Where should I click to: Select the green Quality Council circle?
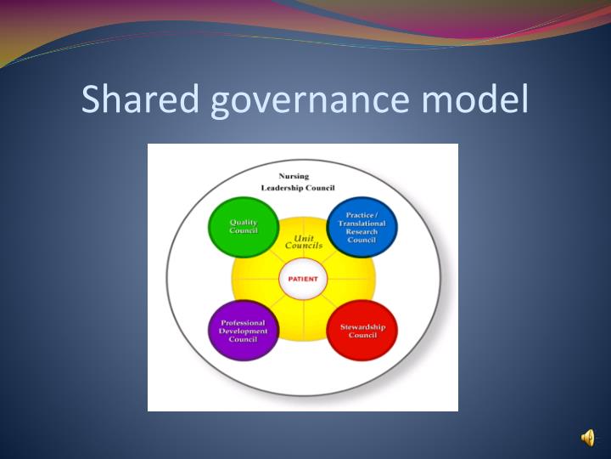coord(243,227)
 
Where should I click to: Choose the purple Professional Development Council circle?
coord(243,331)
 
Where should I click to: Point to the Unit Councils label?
coord(303,242)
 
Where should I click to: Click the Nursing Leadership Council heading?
coord(298,182)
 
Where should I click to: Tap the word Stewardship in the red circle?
coord(362,326)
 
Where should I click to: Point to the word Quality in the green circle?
coord(244,223)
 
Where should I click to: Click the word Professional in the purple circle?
coord(243,322)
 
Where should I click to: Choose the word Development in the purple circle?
coord(243,331)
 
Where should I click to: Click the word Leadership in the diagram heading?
coord(284,188)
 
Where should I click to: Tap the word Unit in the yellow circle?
coord(304,238)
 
